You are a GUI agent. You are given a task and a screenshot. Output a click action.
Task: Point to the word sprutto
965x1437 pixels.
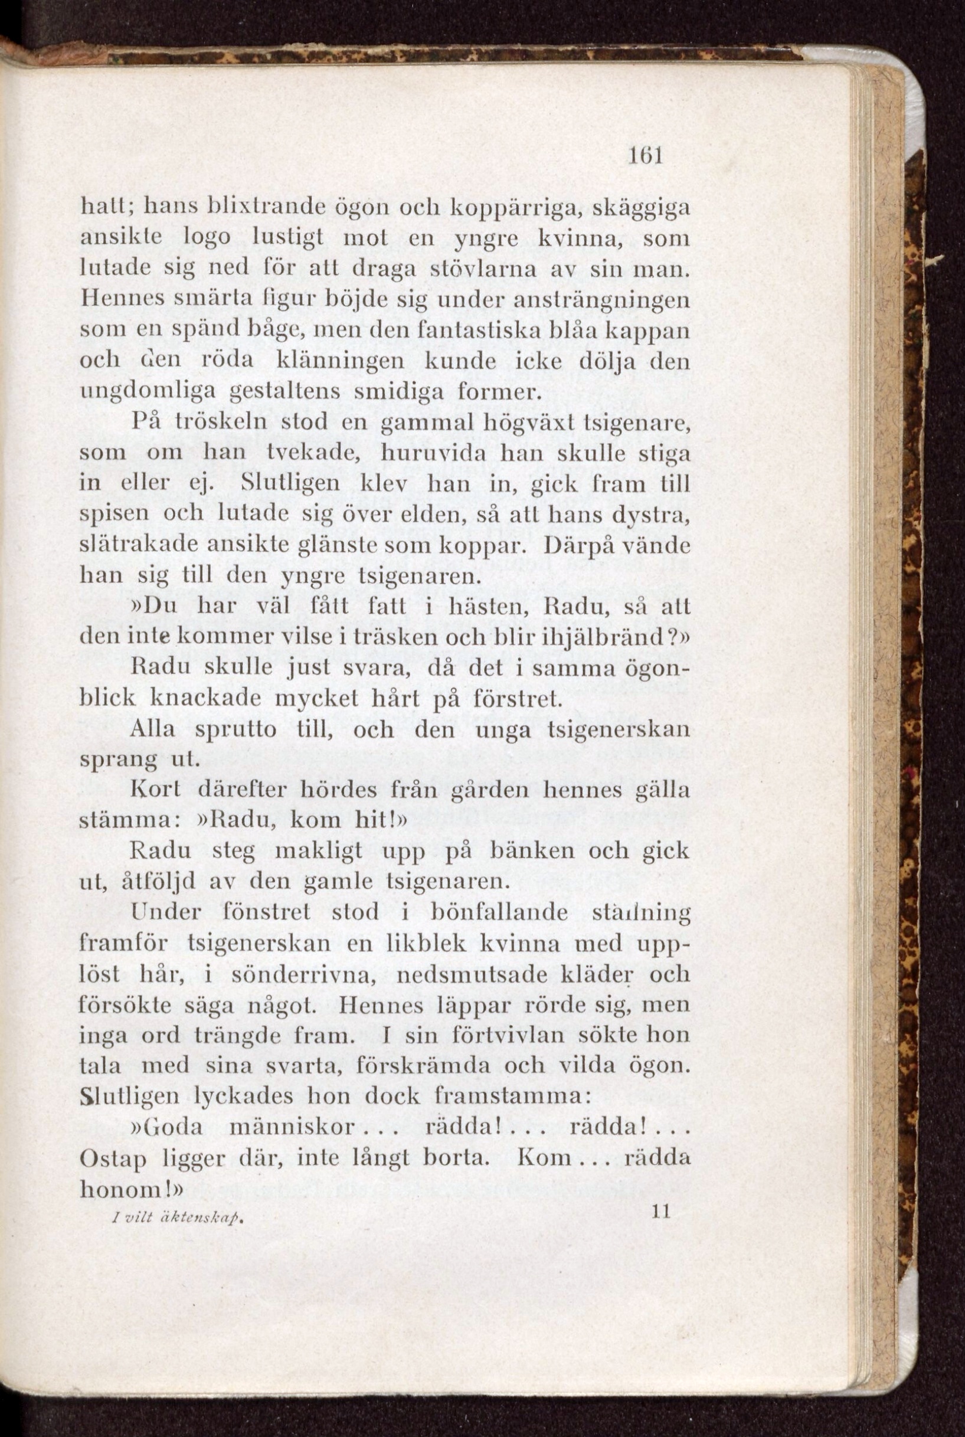(x=235, y=730)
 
